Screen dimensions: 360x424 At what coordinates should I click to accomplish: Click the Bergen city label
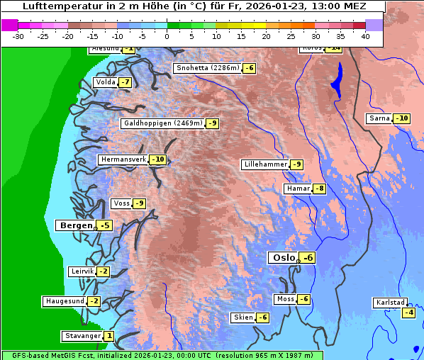point(74,225)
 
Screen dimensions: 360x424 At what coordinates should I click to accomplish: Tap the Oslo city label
point(281,258)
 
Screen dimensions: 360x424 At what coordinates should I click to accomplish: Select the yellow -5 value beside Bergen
point(104,225)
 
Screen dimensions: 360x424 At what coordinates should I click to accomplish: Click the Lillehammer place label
point(264,164)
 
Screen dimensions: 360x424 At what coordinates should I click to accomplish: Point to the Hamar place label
point(297,189)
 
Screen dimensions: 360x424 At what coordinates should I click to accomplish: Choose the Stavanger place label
point(82,336)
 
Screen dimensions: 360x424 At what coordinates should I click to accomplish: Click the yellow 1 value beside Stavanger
point(108,336)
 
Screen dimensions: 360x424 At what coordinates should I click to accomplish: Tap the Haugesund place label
point(65,301)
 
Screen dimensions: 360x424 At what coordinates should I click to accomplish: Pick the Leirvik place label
point(82,271)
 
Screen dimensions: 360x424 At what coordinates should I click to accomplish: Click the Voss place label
point(121,203)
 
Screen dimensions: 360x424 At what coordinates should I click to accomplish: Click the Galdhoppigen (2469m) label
point(163,123)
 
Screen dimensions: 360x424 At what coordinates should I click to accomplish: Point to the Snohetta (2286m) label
point(207,68)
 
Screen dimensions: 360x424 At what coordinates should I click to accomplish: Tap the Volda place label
point(105,82)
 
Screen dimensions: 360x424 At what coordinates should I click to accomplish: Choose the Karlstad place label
point(391,303)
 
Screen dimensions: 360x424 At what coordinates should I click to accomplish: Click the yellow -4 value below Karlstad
point(408,313)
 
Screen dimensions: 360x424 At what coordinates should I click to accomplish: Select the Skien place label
point(242,317)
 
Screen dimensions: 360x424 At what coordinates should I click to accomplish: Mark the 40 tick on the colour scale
point(365,35)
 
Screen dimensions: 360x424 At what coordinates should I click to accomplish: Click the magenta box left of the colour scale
point(9,25)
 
